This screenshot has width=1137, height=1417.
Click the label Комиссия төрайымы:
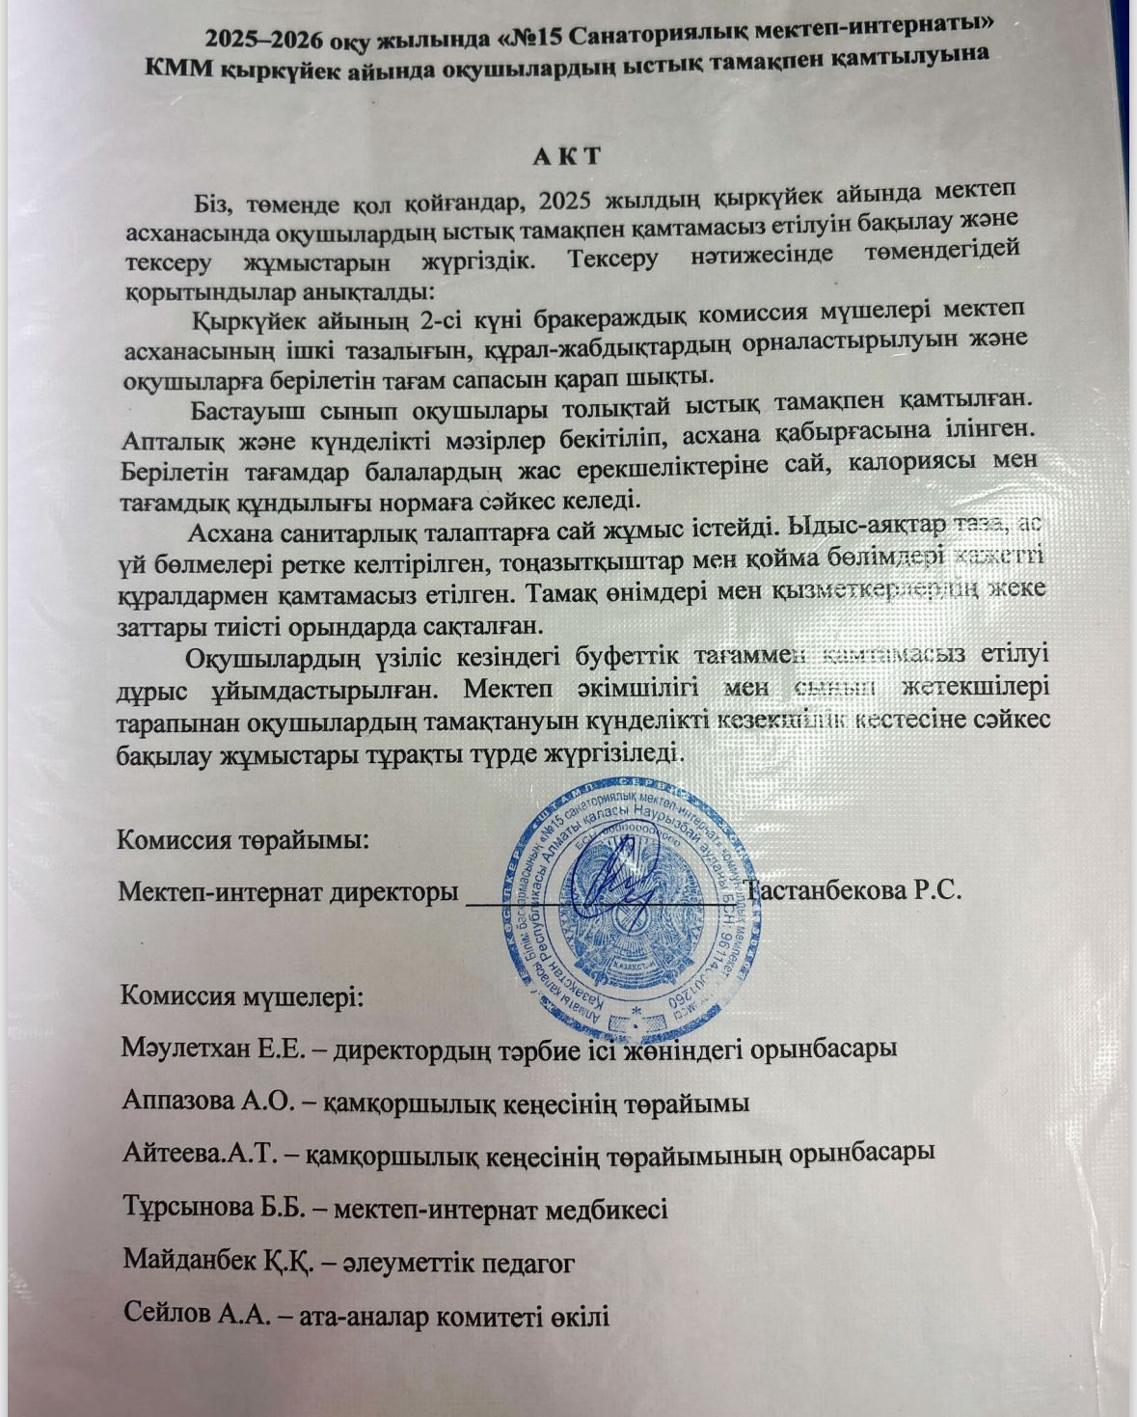click(x=242, y=838)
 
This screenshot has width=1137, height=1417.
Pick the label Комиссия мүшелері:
click(x=242, y=995)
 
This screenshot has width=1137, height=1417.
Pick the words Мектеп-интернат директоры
click(x=287, y=890)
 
